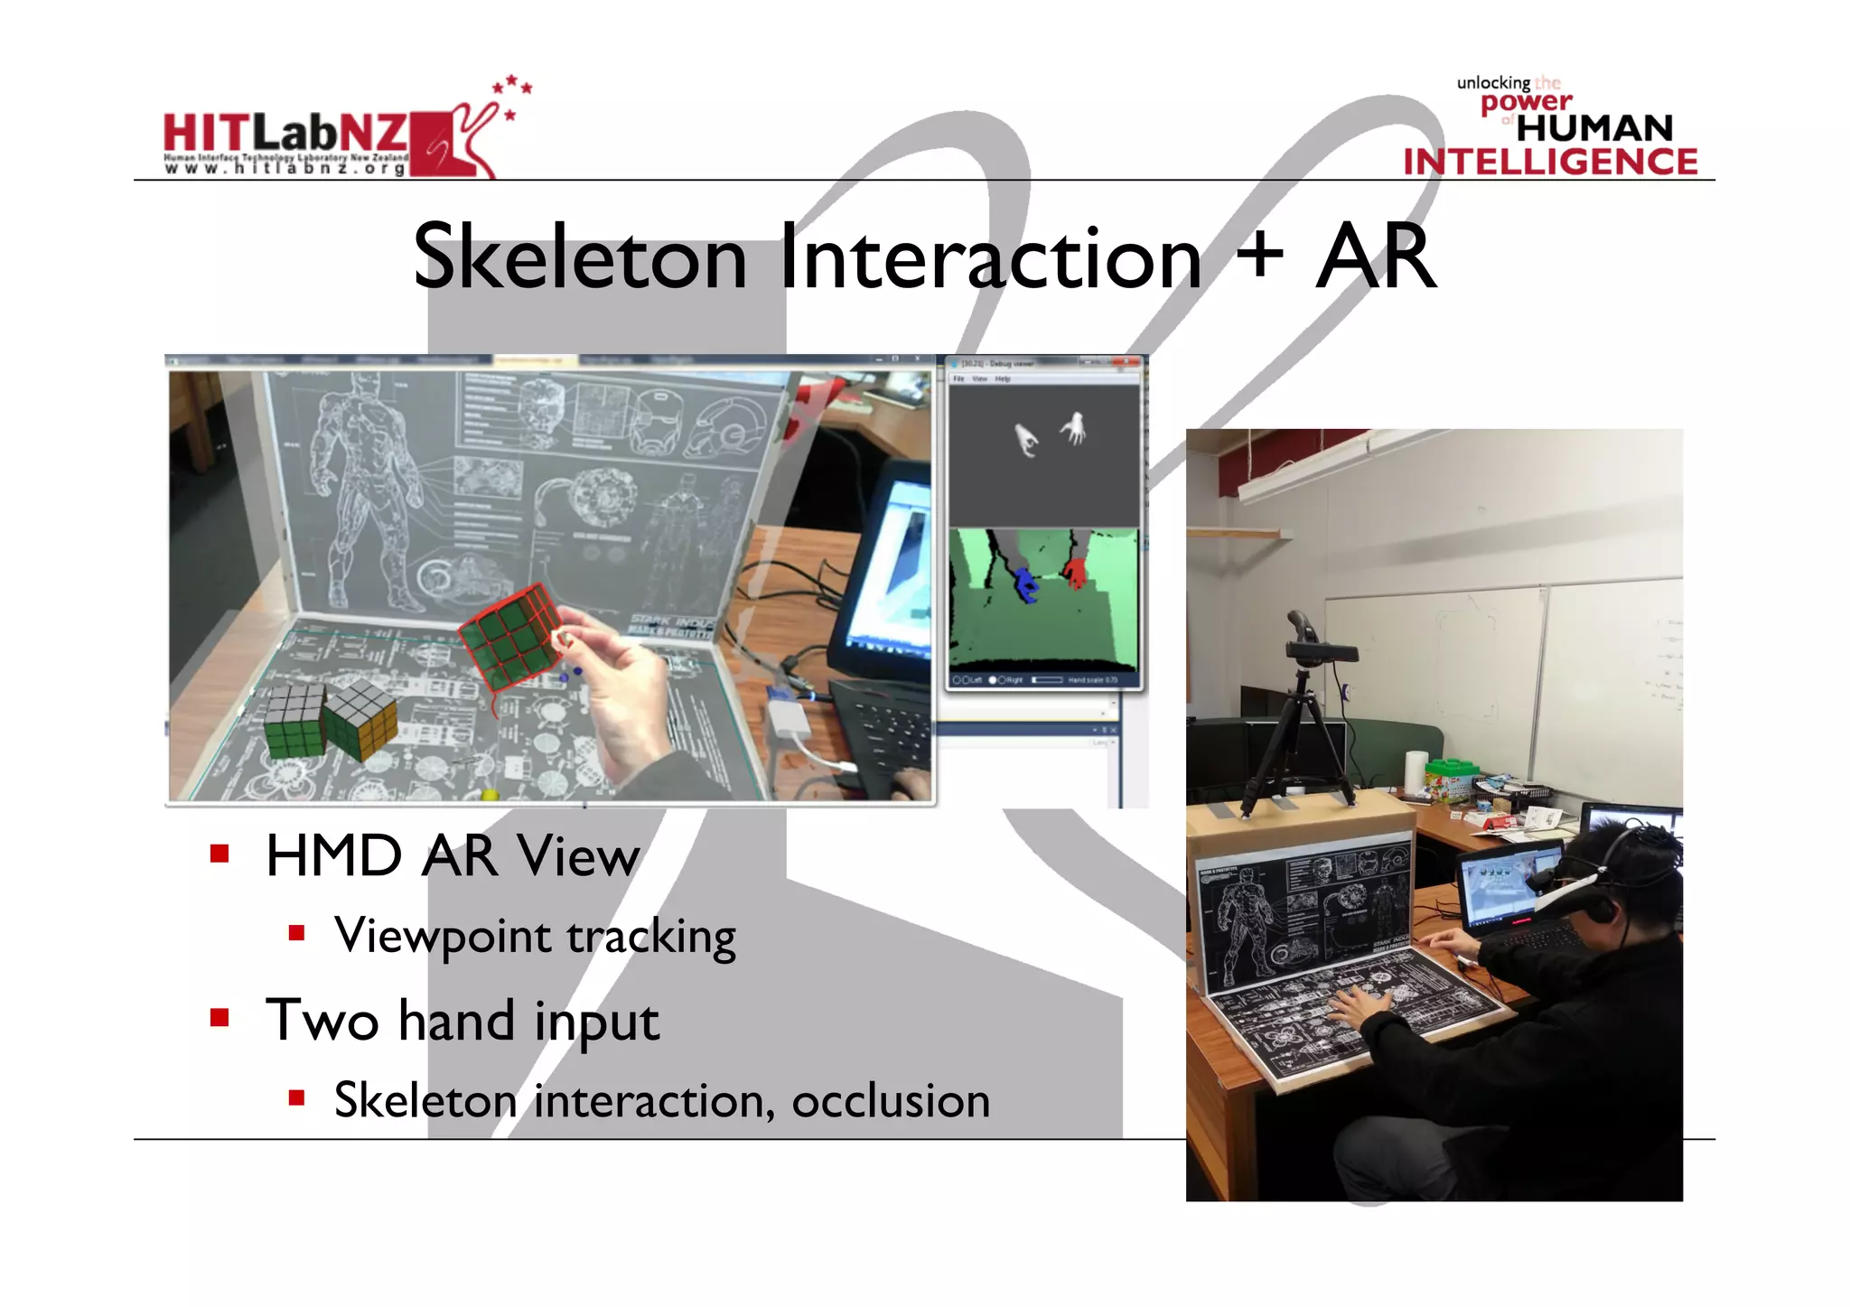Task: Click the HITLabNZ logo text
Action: tap(285, 134)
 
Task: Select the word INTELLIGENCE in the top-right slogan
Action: tap(1550, 162)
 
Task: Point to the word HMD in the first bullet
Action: tap(333, 855)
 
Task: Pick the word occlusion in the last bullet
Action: tap(890, 1101)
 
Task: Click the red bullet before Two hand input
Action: tap(220, 1018)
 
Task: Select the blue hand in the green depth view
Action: tap(1025, 583)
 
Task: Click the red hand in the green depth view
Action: tap(1075, 573)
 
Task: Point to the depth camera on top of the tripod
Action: tap(1319, 650)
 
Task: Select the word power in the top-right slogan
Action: tap(1526, 103)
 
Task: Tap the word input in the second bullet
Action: tap(596, 1021)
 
